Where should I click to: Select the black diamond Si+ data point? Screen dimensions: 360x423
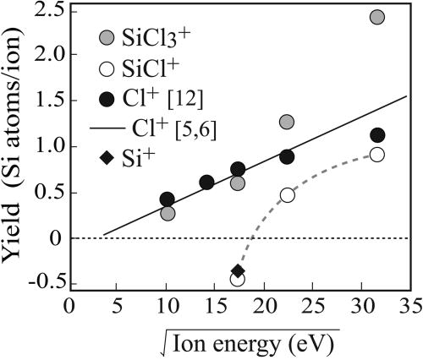[238, 270]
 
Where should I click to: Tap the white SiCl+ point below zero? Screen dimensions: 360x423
[238, 280]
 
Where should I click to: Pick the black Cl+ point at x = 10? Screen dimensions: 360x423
[167, 199]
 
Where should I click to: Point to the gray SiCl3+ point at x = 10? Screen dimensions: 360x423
[168, 213]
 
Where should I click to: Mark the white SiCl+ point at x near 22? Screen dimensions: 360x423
[287, 195]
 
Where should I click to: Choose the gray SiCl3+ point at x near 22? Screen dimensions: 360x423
[287, 122]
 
